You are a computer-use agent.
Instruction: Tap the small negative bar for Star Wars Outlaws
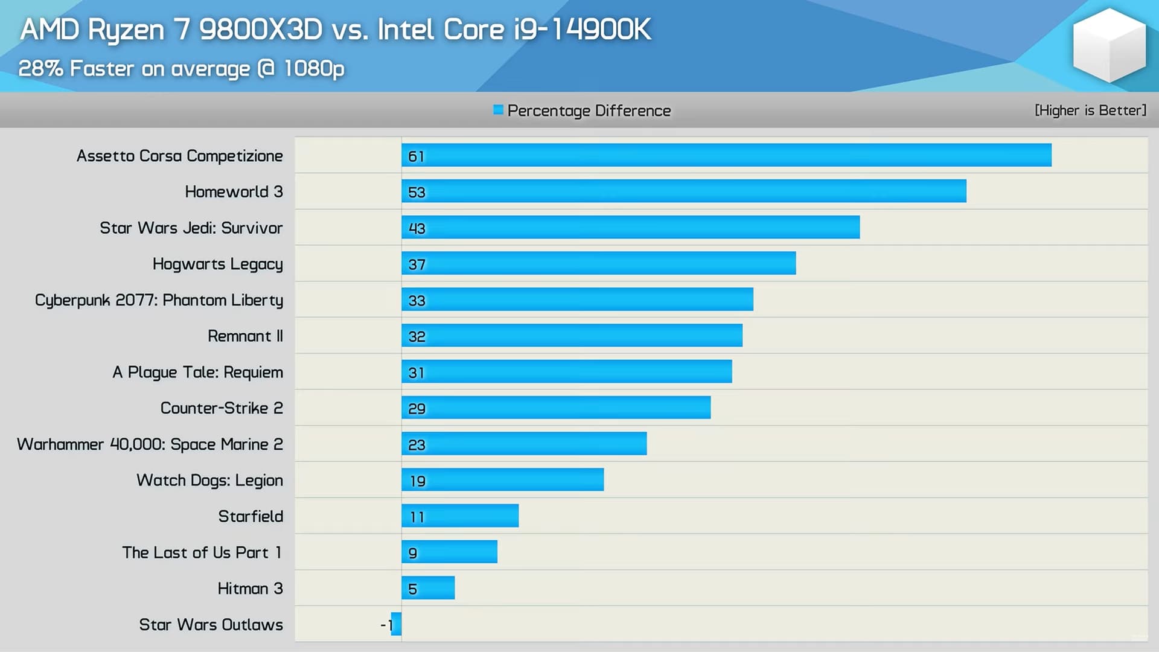[397, 624]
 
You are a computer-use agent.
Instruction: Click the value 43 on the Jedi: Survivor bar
[417, 228]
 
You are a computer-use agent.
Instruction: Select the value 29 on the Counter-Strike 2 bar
[417, 409]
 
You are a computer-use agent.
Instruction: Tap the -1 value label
[386, 625]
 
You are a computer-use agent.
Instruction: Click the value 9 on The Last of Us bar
[413, 553]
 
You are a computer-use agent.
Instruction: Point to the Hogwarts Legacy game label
[217, 264]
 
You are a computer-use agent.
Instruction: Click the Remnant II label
[245, 336]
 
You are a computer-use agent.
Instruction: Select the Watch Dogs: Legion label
[209, 480]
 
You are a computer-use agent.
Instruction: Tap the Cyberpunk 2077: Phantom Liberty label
[159, 300]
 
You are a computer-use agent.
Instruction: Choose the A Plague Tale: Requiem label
[197, 372]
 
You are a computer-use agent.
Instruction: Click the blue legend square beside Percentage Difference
[498, 110]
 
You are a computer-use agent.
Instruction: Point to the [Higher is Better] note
[1090, 110]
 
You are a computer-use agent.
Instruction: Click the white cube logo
[1109, 45]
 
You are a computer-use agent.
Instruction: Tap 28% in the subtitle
[40, 68]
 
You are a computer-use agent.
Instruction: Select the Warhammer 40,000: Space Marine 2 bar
[524, 444]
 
